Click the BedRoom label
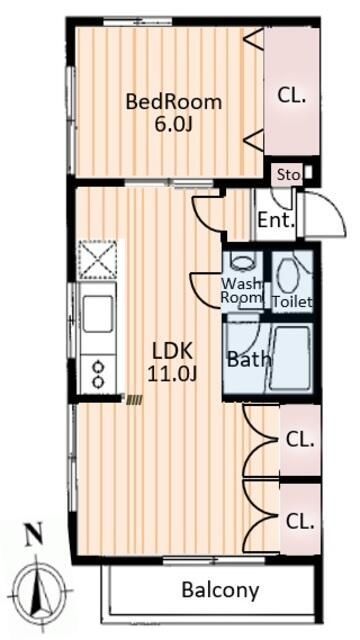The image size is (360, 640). pyautogui.click(x=173, y=102)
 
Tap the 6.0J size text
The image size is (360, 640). pyautogui.click(x=173, y=125)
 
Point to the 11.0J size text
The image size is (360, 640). pyautogui.click(x=172, y=374)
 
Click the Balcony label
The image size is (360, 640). pyautogui.click(x=220, y=589)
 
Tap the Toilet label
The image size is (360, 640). pyautogui.click(x=292, y=302)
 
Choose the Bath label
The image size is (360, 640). pyautogui.click(x=249, y=359)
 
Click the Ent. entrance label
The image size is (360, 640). pyautogui.click(x=276, y=221)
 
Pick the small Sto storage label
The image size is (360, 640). pyautogui.click(x=289, y=175)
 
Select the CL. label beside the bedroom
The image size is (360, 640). pyautogui.click(x=292, y=97)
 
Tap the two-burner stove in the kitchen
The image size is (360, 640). pyautogui.click(x=98, y=374)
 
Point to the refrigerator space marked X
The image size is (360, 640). pyautogui.click(x=98, y=260)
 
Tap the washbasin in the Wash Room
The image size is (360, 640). pyautogui.click(x=243, y=261)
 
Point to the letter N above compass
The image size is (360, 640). pyautogui.click(x=35, y=540)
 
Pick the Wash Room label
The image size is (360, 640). pyautogui.click(x=241, y=290)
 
